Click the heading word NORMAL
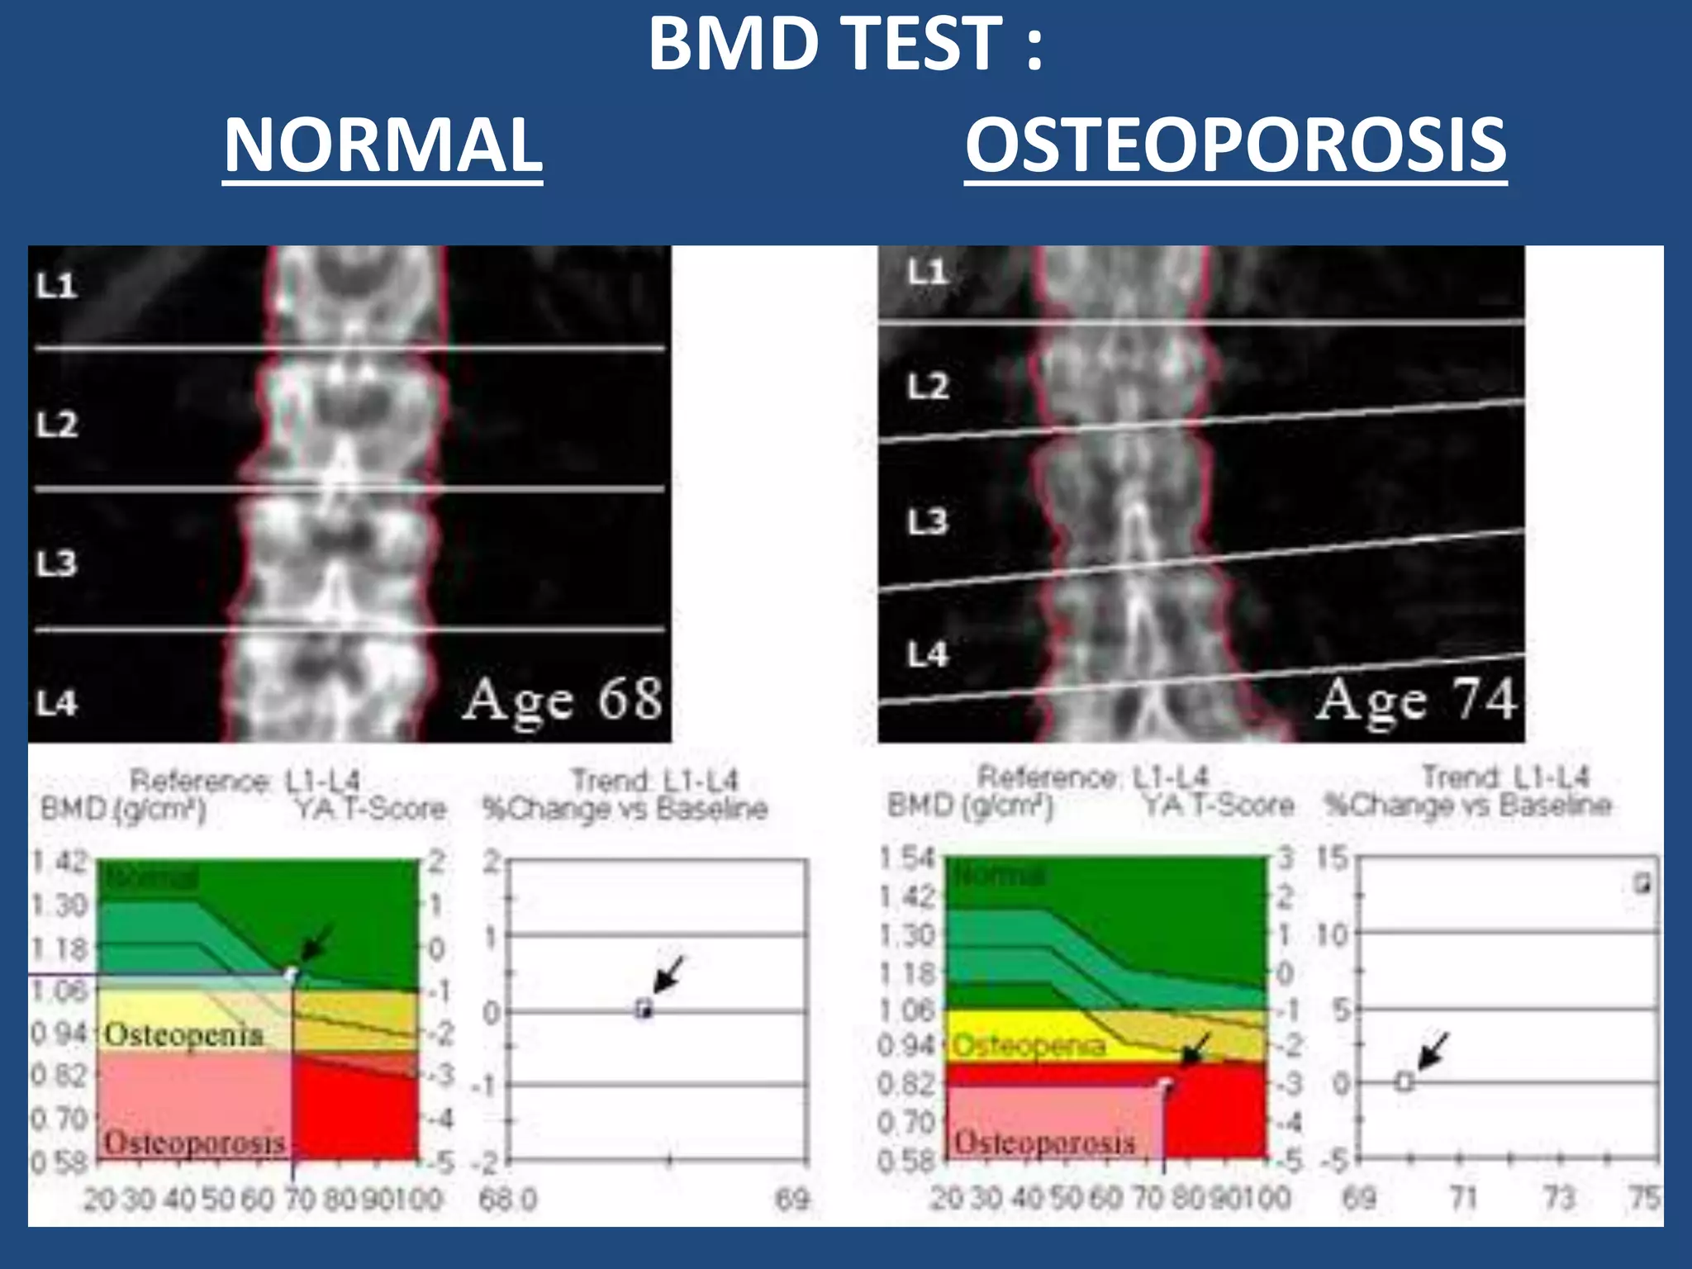click(383, 145)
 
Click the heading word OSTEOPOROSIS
click(1235, 145)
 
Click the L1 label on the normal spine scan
click(56, 286)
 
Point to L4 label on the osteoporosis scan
click(927, 655)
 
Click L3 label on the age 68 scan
click(56, 563)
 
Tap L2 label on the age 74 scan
click(927, 386)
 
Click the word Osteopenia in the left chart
click(183, 1034)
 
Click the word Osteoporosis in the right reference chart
click(1044, 1143)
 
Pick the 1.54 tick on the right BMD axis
click(906, 858)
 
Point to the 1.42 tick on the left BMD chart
click(59, 862)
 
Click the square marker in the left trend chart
click(644, 1009)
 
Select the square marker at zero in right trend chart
click(1404, 1081)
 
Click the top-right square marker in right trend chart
click(1642, 883)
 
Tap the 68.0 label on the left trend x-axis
click(507, 1199)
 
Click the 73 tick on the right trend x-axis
click(1559, 1196)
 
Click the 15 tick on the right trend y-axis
click(1332, 858)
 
